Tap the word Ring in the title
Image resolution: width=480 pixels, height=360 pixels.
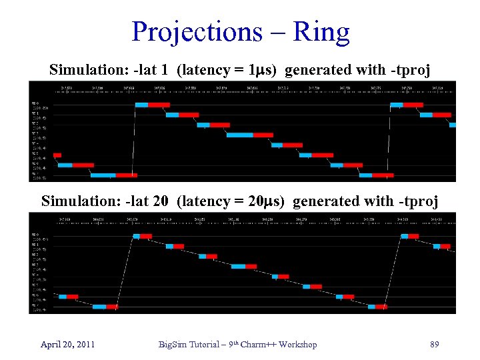click(323, 32)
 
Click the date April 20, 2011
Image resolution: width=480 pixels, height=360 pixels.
click(67, 344)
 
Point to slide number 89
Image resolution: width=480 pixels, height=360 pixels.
click(434, 344)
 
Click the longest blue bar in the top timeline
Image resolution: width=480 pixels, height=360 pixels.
click(239, 135)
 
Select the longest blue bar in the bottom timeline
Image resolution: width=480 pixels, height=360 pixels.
click(238, 266)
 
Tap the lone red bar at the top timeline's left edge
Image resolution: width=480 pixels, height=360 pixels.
click(57, 155)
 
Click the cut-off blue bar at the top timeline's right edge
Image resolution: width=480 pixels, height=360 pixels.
click(453, 125)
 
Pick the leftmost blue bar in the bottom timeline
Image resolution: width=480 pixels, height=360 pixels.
click(63, 296)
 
